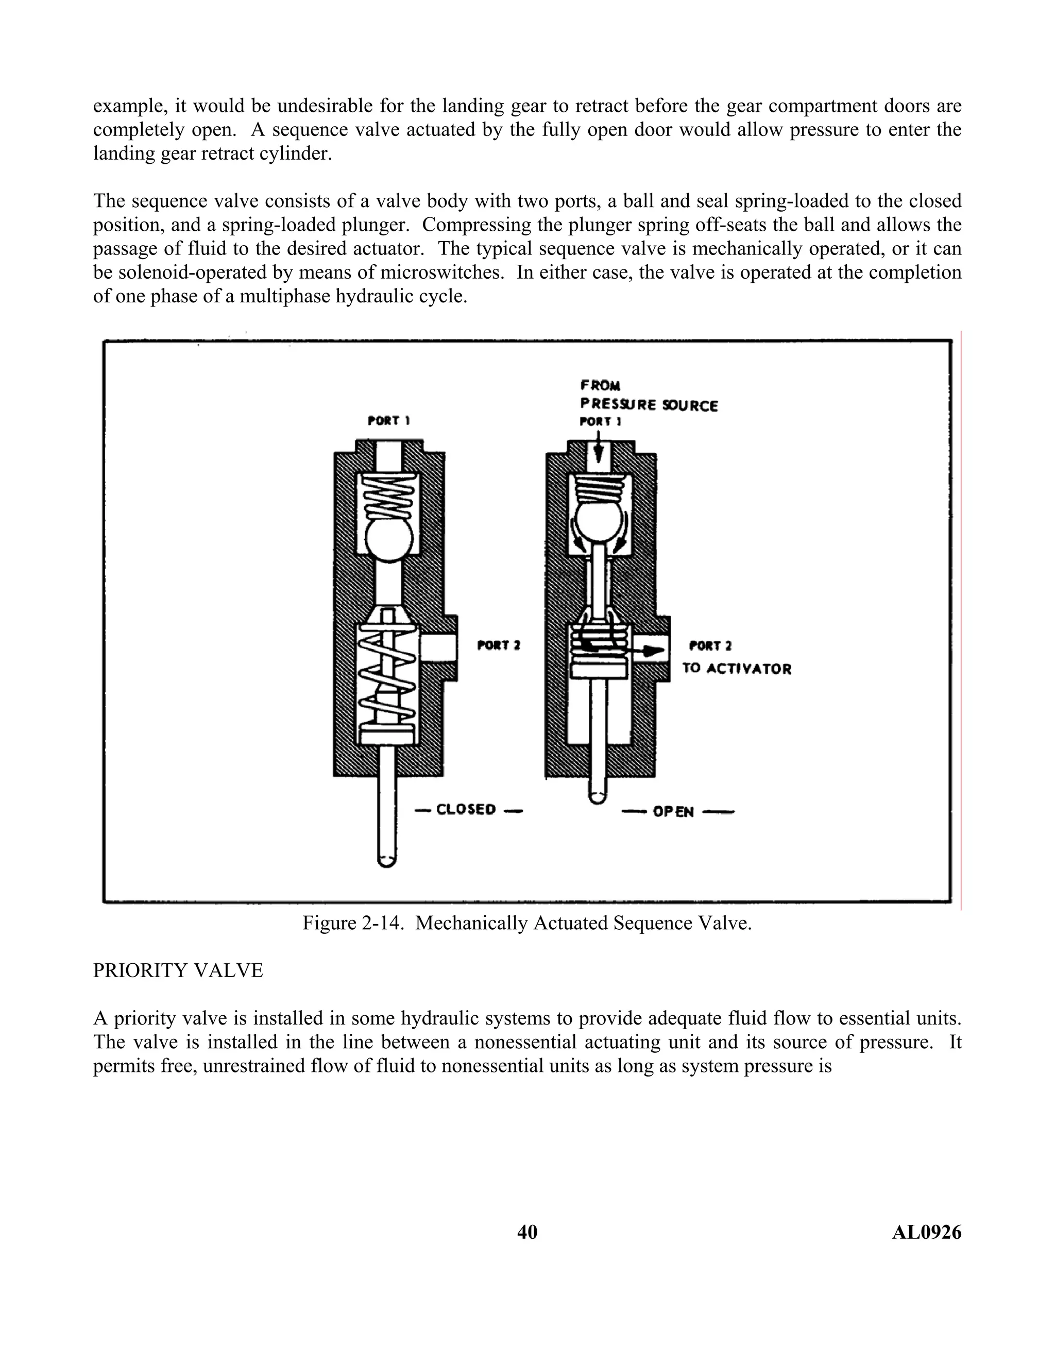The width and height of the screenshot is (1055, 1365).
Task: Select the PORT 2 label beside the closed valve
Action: tap(498, 645)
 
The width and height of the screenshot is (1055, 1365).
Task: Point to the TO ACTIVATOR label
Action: tap(737, 669)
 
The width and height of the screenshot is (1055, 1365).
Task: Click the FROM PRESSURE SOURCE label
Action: tap(648, 396)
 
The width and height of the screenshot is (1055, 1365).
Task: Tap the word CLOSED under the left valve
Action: tap(466, 809)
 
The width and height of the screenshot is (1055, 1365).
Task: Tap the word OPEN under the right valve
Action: tap(673, 812)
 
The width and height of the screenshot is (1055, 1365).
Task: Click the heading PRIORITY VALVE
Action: tap(178, 970)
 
